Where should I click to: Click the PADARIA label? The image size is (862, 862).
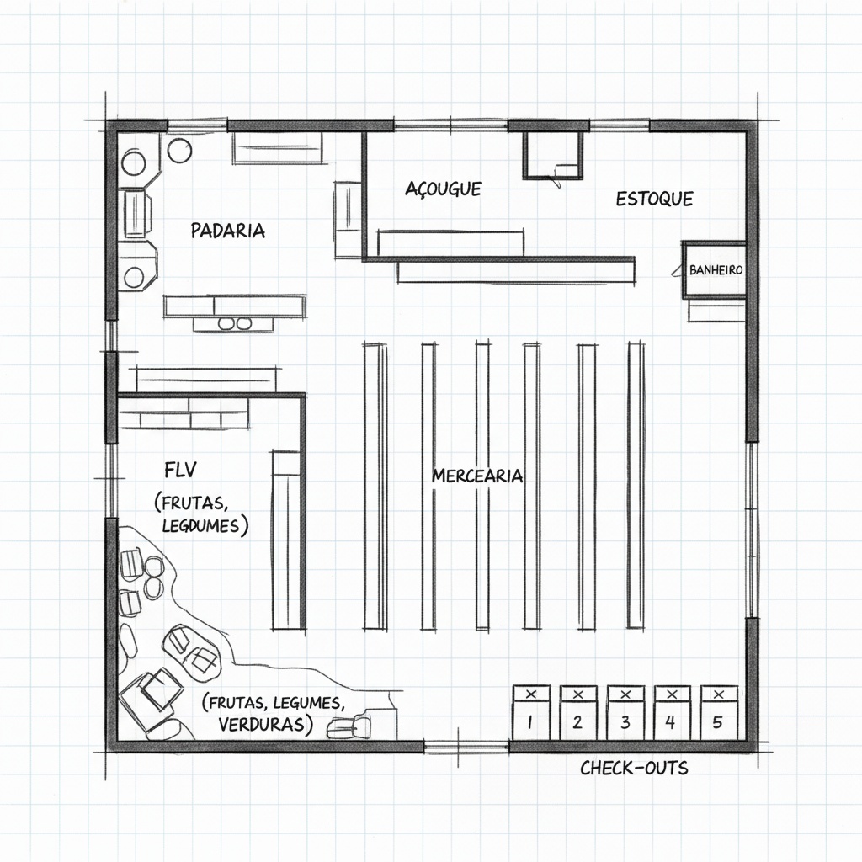[x=227, y=231]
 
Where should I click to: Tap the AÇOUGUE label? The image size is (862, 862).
[x=443, y=189]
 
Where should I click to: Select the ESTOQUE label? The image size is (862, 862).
[x=654, y=199]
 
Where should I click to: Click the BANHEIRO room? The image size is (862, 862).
[x=714, y=270]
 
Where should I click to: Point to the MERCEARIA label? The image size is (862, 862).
[x=477, y=476]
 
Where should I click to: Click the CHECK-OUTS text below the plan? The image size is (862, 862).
[x=634, y=768]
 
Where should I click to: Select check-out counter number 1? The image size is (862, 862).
[x=531, y=713]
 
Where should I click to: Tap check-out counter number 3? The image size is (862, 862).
[x=625, y=713]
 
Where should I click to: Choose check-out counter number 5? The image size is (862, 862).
[x=719, y=713]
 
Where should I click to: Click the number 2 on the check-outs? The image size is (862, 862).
[x=577, y=721]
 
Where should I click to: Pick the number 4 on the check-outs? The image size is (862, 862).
[x=669, y=721]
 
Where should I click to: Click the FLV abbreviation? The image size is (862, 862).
[x=180, y=470]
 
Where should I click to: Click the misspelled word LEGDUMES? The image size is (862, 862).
[x=200, y=525]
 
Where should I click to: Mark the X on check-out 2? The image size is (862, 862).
[x=577, y=694]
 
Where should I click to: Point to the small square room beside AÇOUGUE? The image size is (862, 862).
[x=552, y=154]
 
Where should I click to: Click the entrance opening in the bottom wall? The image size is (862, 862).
[x=466, y=746]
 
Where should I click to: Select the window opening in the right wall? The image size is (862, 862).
[x=752, y=529]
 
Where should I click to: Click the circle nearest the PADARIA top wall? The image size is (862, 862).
[x=180, y=150]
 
